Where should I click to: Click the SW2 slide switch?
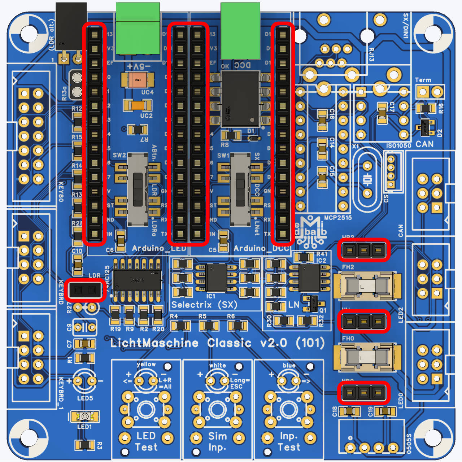[138, 189]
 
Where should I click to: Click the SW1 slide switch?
[240, 189]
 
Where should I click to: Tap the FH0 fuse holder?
[367, 357]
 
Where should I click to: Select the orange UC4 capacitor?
[138, 79]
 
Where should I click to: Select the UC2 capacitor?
[138, 105]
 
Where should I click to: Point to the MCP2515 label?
[338, 218]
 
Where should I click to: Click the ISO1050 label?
[398, 145]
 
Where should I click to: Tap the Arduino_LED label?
[159, 248]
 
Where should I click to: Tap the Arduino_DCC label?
[261, 248]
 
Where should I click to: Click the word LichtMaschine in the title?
[154, 343]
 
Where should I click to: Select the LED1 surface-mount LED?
[84, 417]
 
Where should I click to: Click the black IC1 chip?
[216, 278]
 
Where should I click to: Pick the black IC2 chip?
[309, 278]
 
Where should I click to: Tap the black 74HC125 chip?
[137, 280]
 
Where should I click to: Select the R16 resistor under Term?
[426, 108]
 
